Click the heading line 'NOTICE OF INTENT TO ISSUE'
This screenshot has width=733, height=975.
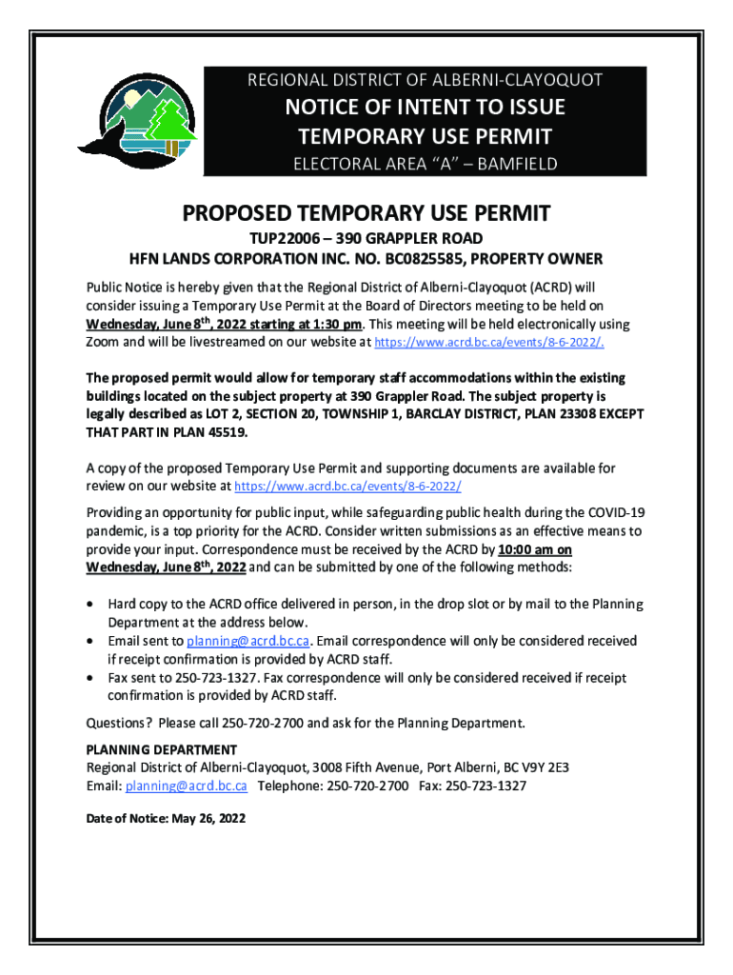(x=426, y=107)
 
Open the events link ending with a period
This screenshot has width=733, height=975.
(x=487, y=343)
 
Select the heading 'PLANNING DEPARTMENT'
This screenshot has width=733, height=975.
(x=161, y=749)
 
